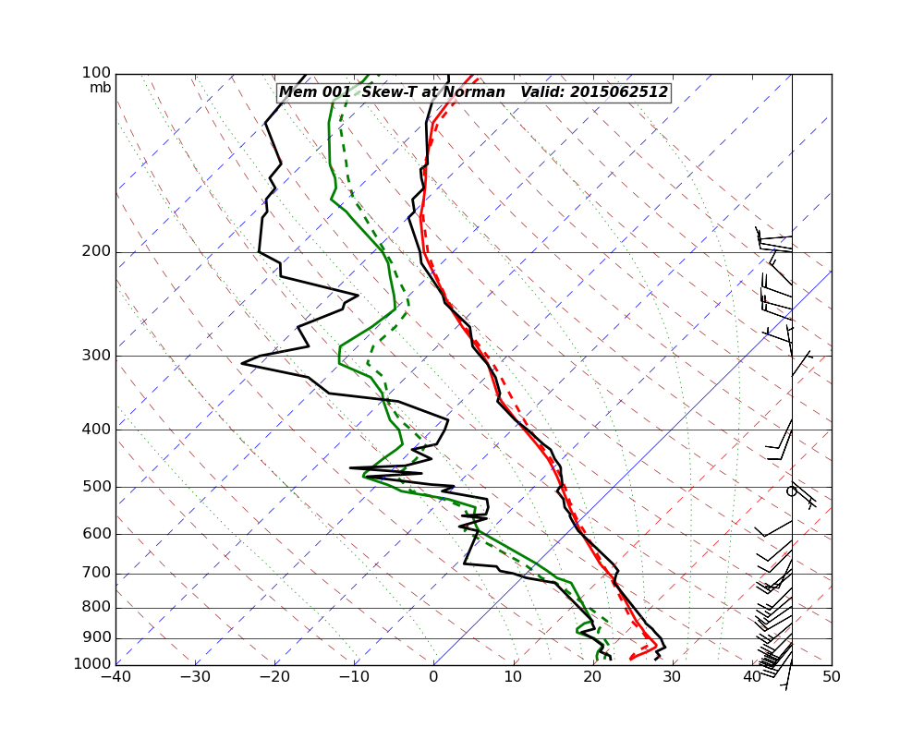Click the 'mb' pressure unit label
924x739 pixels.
tap(100, 88)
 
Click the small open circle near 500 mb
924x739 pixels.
tap(791, 491)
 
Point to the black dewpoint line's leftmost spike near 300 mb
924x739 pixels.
tap(242, 363)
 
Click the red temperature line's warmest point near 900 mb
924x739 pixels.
tap(657, 644)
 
